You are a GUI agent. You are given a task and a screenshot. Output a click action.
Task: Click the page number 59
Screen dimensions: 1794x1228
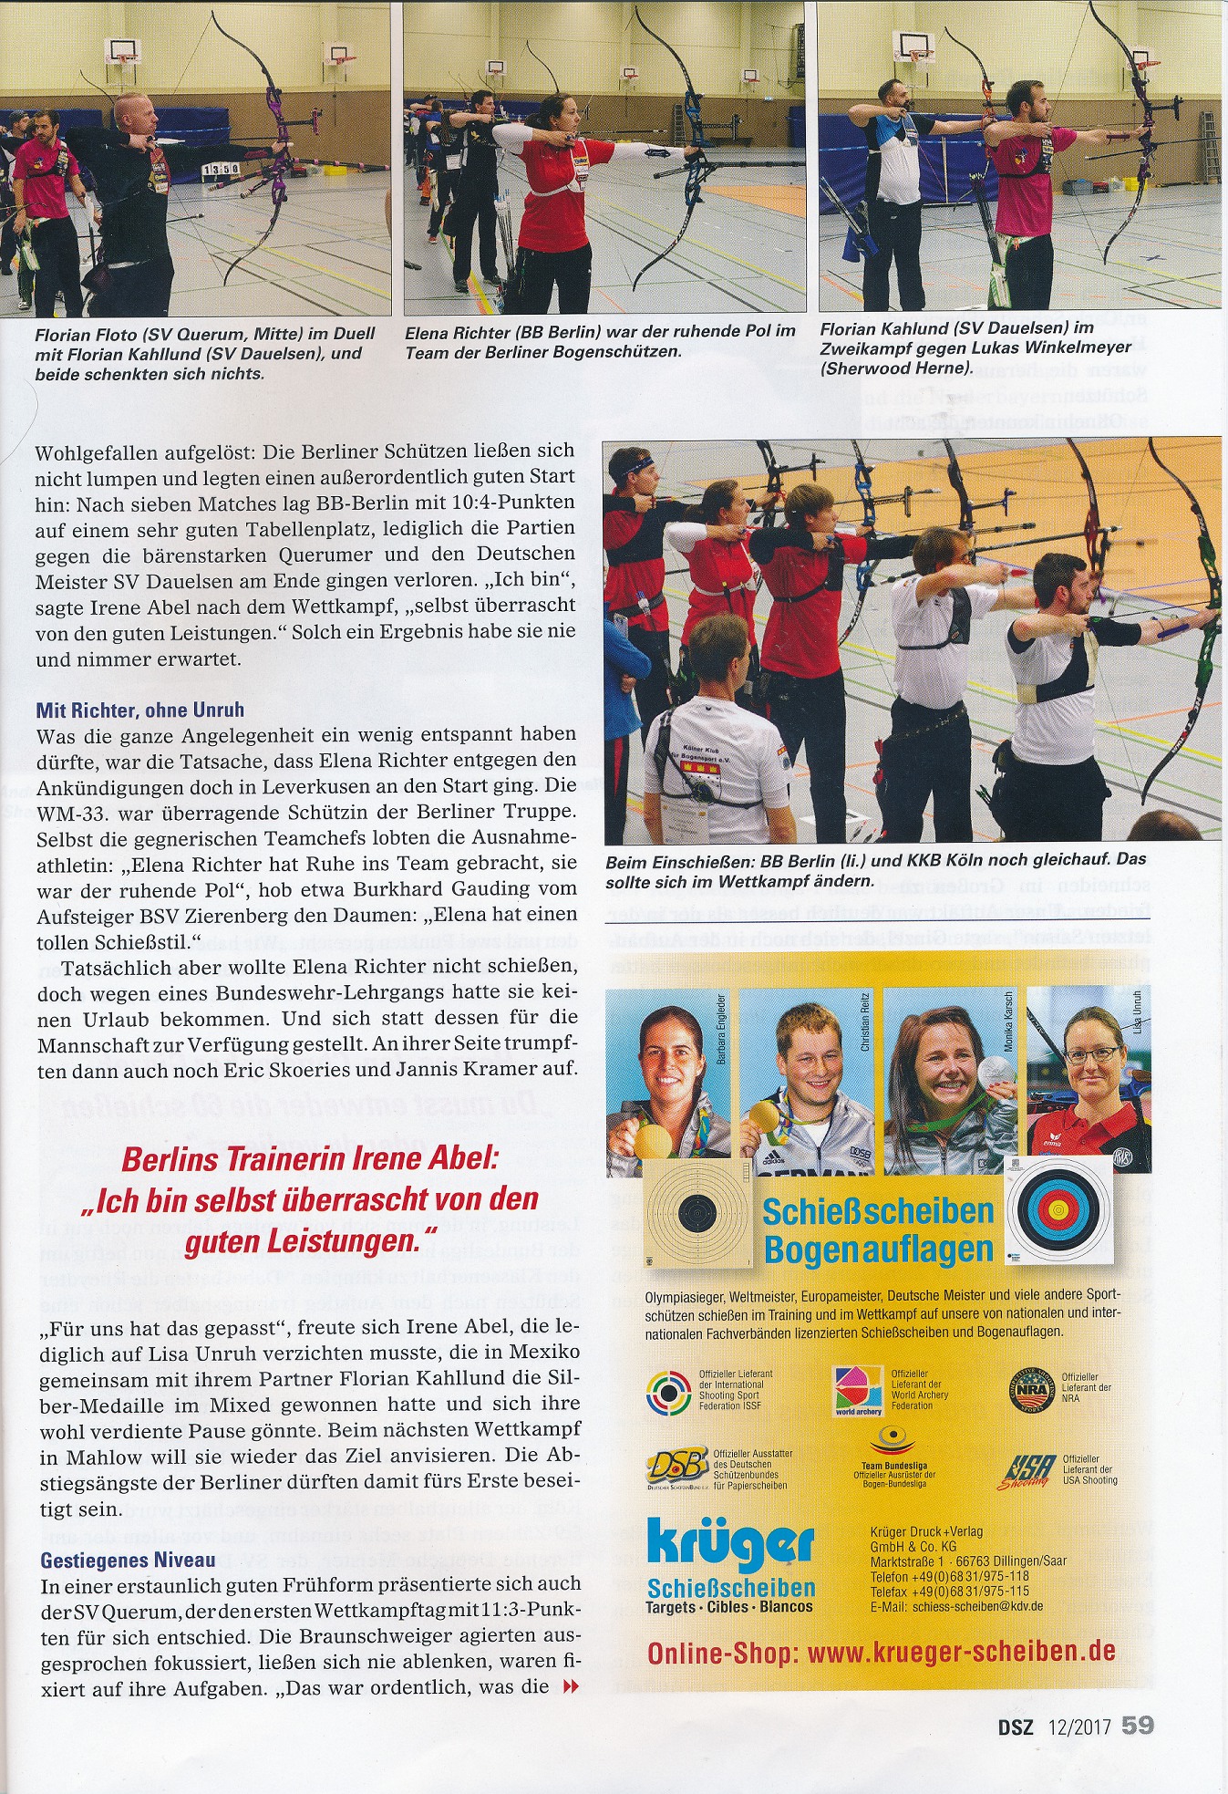tap(1138, 1727)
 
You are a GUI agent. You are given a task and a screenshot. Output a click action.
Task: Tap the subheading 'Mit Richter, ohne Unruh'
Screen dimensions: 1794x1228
tap(140, 710)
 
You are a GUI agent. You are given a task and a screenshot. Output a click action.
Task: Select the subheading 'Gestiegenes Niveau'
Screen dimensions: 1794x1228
tap(128, 1561)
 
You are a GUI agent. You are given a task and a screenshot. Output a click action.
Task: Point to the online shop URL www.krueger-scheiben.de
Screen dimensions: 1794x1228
tap(882, 1652)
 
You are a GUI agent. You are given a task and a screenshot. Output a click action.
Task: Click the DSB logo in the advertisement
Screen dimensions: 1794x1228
tap(677, 1467)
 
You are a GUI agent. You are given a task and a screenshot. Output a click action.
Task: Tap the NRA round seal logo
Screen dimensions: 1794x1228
tap(1035, 1391)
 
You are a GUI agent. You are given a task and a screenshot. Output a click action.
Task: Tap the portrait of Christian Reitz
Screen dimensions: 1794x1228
tap(807, 1081)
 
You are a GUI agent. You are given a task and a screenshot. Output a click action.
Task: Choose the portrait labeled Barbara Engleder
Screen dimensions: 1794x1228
tap(668, 1081)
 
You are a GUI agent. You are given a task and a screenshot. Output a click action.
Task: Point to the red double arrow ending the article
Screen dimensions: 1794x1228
tap(571, 1687)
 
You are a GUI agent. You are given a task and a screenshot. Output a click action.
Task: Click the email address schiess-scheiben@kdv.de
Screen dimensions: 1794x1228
tap(977, 1606)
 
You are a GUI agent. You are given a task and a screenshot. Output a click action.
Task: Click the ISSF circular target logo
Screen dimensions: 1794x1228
tap(669, 1392)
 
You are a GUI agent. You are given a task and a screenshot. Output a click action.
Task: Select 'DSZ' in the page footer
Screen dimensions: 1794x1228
tap(1013, 1727)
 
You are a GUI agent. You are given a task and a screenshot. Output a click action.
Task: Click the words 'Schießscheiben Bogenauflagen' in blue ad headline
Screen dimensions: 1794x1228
tap(877, 1230)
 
